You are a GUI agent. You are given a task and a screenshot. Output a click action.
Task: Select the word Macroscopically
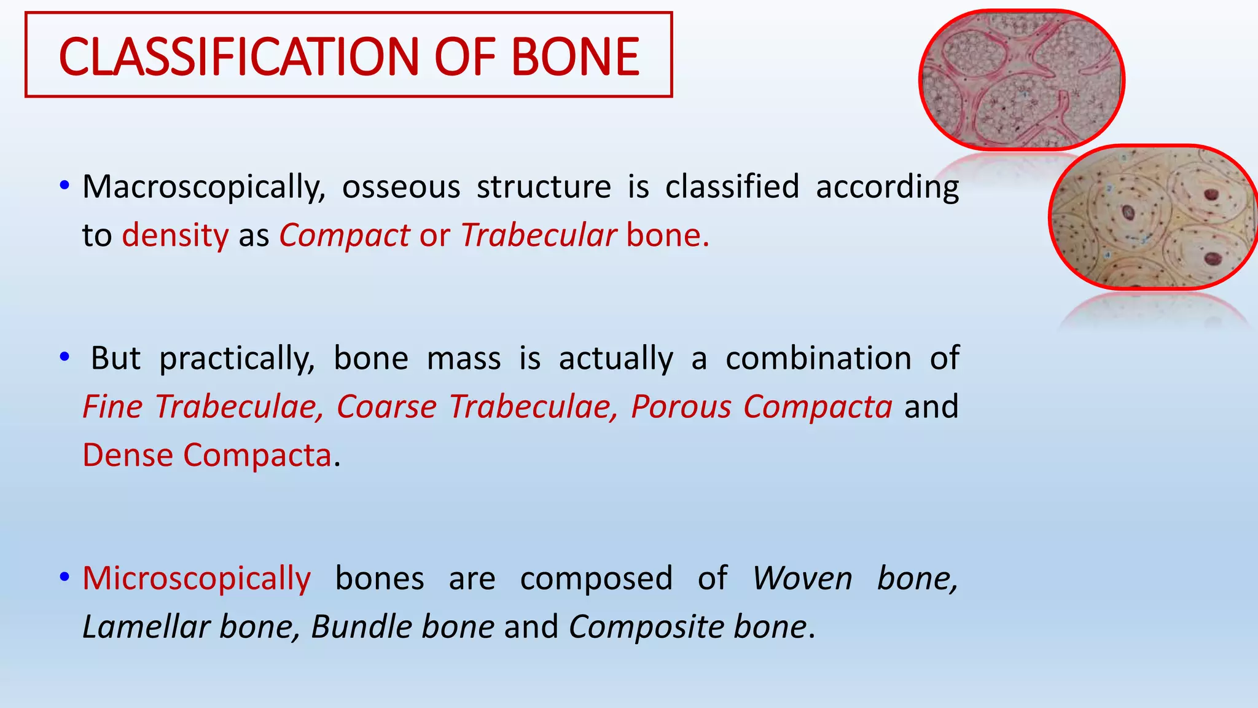(203, 187)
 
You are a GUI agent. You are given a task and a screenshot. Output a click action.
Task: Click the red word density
(175, 235)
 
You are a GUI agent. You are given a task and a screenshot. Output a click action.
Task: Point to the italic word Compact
(344, 235)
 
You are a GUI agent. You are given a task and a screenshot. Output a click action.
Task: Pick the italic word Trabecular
(538, 235)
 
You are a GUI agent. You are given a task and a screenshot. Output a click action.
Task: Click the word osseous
(400, 187)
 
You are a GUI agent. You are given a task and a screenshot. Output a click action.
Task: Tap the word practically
(236, 358)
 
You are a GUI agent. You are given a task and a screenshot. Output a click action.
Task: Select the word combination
(818, 358)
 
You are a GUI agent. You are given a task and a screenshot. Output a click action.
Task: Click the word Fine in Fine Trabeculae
(112, 407)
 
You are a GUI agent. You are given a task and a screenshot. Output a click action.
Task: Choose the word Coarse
(386, 407)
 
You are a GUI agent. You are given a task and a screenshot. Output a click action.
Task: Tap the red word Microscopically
(197, 579)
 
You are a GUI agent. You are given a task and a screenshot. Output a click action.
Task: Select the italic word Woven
(802, 579)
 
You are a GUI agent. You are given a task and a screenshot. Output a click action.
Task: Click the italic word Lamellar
(146, 627)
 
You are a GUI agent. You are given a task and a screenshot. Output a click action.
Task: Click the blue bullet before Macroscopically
(64, 185)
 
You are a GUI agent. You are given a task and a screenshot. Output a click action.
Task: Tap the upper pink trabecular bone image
(1021, 80)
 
